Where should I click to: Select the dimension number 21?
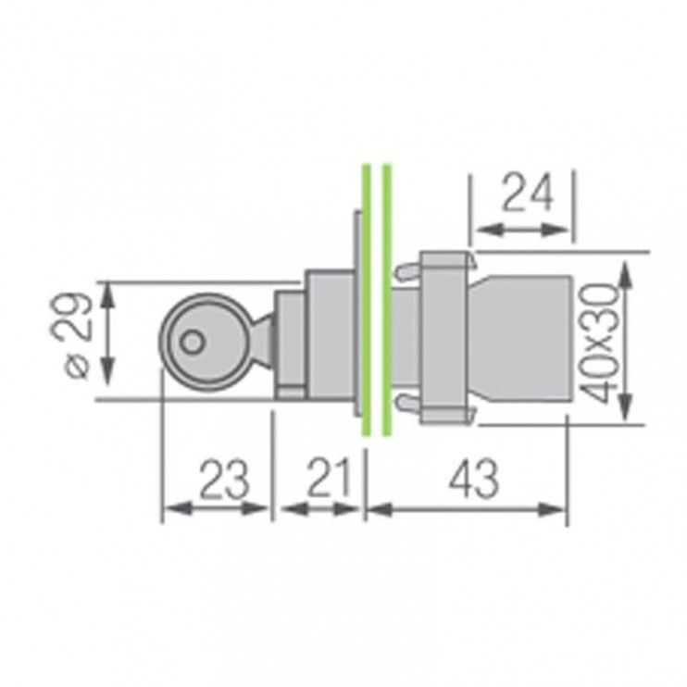coord(327,479)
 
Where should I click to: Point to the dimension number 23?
coord(223,479)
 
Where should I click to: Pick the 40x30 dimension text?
coord(602,343)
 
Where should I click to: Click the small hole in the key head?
coord(191,342)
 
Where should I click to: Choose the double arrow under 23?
coord(217,507)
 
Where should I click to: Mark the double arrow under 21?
coord(320,507)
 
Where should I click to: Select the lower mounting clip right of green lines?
coord(405,405)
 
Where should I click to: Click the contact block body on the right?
coord(523,339)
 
